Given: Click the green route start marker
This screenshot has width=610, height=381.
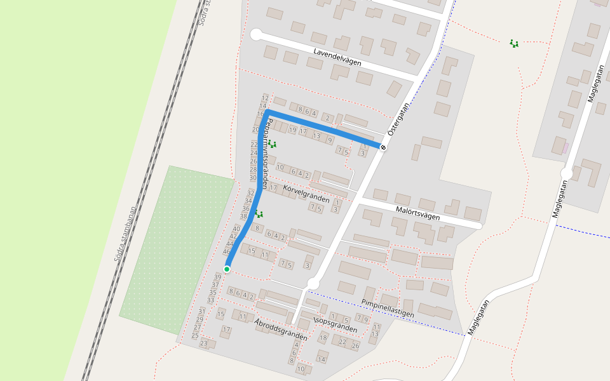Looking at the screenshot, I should coord(227,269).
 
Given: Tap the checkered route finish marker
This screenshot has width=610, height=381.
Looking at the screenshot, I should coord(383,147).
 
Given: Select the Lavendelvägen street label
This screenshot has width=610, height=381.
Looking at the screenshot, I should coord(337,57).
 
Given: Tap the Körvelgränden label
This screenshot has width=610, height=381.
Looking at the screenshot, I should coord(306,194).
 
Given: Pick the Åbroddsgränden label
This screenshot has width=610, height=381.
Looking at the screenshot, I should coord(280,330).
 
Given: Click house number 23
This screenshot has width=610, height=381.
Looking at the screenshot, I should coord(204,344).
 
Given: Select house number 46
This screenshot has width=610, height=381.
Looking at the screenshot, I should coord(227,251).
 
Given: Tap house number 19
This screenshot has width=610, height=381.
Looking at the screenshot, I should coord(292,130).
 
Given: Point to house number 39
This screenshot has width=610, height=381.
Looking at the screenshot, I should coord(218,277).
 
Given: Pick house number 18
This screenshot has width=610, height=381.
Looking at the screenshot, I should coord(323,338).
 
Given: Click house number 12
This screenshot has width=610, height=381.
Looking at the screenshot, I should coord(264,98).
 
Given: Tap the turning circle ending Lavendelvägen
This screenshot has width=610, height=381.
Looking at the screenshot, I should coord(256,35).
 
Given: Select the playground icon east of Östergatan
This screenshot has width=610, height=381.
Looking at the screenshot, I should coord(513,43).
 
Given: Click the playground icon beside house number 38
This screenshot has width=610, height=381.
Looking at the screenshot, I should coord(259,214).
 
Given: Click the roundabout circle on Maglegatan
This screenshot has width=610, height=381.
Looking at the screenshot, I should coord(566,173).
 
